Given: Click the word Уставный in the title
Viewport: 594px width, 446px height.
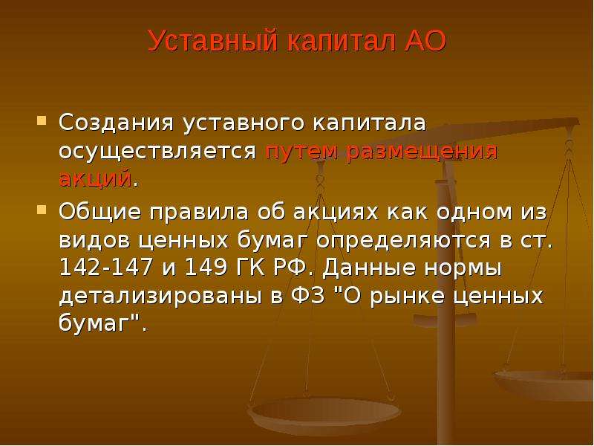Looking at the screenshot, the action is click(x=212, y=41).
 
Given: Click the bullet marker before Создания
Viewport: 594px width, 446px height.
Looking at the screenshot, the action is click(x=42, y=121).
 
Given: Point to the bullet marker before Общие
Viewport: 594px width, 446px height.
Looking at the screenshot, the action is click(x=42, y=210).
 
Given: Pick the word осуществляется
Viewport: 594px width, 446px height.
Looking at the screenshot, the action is click(x=158, y=151).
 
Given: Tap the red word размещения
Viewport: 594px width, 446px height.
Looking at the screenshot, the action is click(x=422, y=152).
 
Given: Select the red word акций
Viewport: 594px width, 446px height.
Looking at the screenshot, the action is click(x=95, y=178).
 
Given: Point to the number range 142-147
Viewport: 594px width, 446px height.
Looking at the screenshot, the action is click(x=105, y=268).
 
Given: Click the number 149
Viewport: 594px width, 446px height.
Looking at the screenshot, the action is click(x=206, y=268).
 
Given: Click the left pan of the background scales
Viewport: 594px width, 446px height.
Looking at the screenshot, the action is click(x=324, y=412).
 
